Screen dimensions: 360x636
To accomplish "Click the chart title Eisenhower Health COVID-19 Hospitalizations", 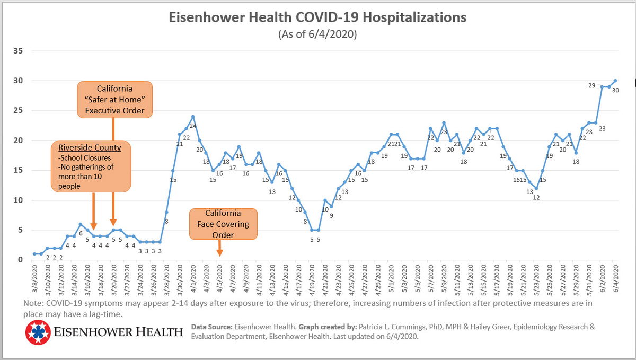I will point(317,17).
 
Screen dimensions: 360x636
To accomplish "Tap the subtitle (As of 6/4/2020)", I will point(317,34).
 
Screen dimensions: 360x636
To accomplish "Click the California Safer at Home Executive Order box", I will point(114,100).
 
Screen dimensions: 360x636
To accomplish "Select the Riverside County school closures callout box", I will point(91,166).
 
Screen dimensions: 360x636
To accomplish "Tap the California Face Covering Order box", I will point(223,224).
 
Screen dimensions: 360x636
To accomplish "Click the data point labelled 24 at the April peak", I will point(193,117).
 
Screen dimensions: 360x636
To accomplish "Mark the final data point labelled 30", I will point(615,81).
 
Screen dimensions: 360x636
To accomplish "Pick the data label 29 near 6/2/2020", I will point(593,85).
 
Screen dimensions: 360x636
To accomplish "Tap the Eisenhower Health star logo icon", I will point(37,332).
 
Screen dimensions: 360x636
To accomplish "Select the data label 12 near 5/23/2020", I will point(536,197).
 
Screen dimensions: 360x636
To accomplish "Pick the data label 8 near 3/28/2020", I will point(166,222).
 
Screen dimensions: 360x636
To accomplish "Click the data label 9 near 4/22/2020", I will point(331,216).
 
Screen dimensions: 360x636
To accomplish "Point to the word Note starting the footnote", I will point(33,303).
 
